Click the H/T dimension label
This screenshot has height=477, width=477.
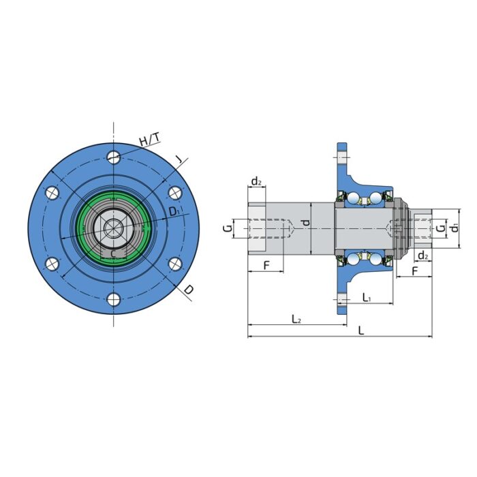(149, 140)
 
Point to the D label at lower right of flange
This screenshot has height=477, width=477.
(188, 290)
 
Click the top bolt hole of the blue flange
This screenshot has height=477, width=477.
(114, 157)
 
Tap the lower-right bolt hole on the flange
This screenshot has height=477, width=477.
(174, 264)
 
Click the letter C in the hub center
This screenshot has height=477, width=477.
(113, 253)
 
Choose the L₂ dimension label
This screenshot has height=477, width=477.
(296, 318)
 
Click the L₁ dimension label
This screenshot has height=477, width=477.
(367, 297)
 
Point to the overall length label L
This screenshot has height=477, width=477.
(360, 330)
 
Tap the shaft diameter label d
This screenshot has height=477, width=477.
(307, 221)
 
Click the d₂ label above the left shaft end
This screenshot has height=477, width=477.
(256, 181)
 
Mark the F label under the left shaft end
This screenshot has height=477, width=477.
(265, 264)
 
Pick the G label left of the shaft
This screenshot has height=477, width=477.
(228, 228)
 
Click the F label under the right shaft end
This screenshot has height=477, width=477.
(415, 271)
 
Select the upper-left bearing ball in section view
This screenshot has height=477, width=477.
(355, 199)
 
